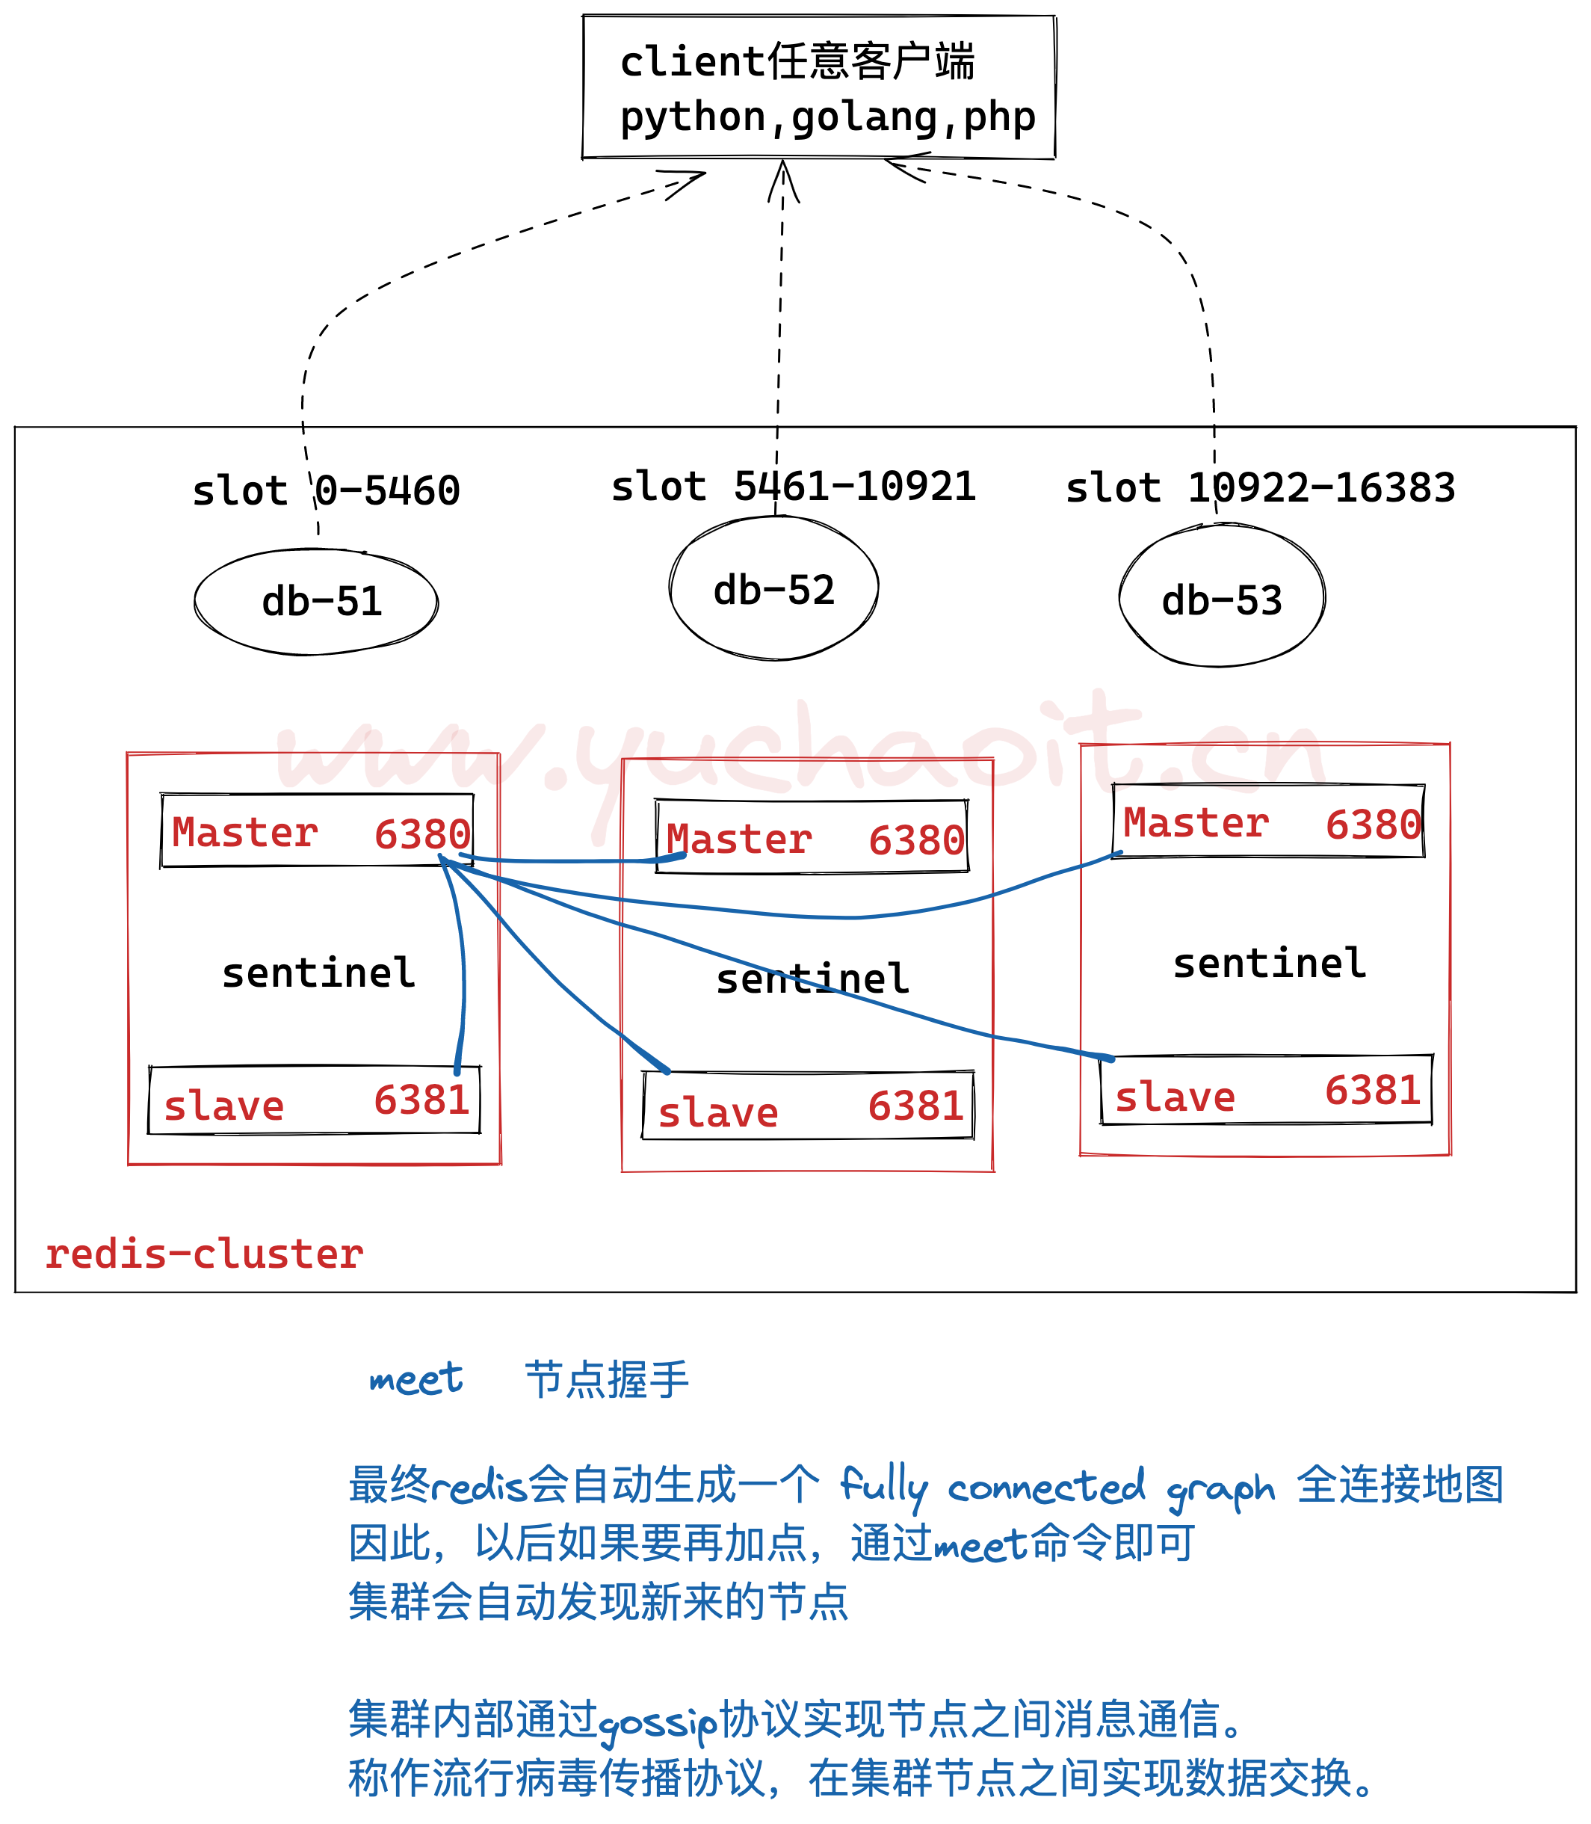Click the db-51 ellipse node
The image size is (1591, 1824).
click(x=316, y=602)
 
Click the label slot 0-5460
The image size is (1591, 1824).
click(x=326, y=491)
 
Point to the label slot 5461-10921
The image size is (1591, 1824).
click(x=793, y=487)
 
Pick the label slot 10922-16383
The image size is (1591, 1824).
click(x=1260, y=488)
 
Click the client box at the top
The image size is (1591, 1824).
click(x=818, y=88)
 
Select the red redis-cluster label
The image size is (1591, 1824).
click(x=204, y=1254)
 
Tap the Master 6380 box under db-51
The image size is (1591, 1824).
click(x=317, y=831)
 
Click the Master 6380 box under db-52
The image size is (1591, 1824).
click(x=812, y=837)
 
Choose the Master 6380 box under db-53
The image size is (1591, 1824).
click(x=1269, y=822)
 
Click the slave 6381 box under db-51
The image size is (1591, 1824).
click(x=315, y=1101)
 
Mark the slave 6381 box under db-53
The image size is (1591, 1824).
click(x=1266, y=1091)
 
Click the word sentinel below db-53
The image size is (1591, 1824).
click(x=1270, y=964)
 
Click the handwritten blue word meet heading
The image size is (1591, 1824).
click(x=415, y=1379)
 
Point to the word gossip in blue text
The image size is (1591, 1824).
click(x=657, y=1724)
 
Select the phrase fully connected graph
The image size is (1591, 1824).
click(x=1057, y=1488)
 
